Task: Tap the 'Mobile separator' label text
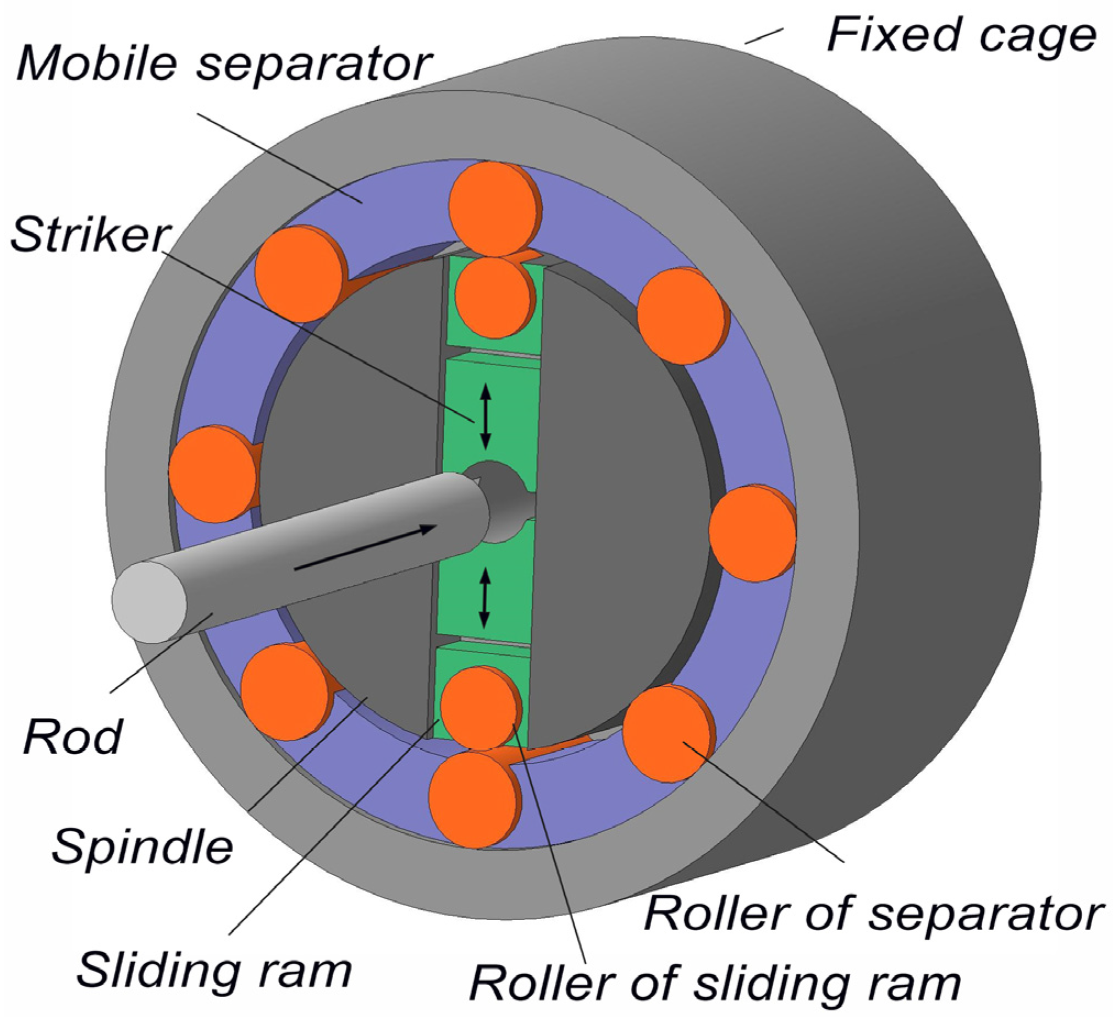pos(224,64)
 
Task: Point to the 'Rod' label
pos(73,736)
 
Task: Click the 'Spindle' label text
pos(142,846)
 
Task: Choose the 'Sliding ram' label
pos(214,970)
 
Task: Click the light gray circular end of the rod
pos(150,602)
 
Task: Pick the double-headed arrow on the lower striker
pos(484,599)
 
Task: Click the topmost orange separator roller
pos(494,208)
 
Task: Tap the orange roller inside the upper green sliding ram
pos(494,298)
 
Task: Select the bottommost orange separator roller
pos(473,800)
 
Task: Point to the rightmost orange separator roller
pos(752,533)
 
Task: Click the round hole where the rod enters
pos(500,497)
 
